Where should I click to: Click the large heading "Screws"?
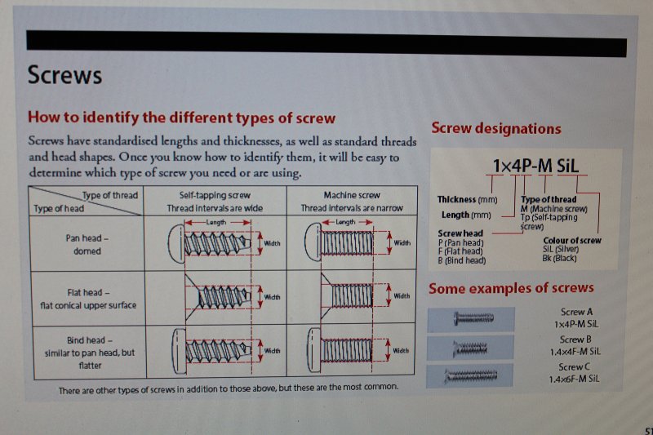tap(64, 75)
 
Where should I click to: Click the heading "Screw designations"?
tap(496, 128)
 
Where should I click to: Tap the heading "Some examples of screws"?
tap(511, 288)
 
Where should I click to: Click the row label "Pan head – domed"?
tap(87, 244)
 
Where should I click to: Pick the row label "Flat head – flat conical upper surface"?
tap(88, 299)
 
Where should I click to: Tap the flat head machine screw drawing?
tap(347, 295)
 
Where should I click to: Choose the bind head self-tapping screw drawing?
tap(211, 351)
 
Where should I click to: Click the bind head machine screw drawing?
tap(340, 350)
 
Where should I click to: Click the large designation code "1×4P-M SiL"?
tap(536, 166)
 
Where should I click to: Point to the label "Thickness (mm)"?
tap(467, 199)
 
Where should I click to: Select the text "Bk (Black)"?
tap(559, 258)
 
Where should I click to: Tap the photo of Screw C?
tap(470, 375)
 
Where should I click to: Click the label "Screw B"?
tap(575, 340)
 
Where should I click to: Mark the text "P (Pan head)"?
tap(461, 242)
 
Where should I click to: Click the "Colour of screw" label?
tap(572, 240)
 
